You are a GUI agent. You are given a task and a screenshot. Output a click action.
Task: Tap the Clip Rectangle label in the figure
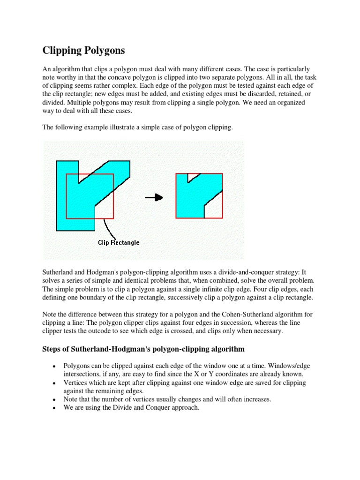pos(118,242)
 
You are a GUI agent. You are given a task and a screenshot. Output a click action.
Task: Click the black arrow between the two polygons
pos(153,197)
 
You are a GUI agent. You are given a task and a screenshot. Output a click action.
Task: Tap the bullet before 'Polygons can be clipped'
pos(54,366)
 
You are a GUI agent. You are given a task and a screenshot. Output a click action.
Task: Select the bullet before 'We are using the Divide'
pos(54,408)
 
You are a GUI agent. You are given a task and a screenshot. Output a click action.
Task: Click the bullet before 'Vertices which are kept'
pos(54,383)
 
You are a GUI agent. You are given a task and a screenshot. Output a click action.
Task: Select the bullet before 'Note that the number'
pos(54,400)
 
